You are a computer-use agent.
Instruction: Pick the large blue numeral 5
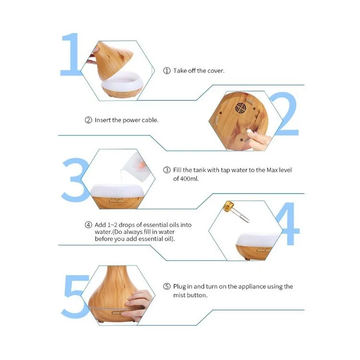[74, 296]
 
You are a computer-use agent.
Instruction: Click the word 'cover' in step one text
[215, 71]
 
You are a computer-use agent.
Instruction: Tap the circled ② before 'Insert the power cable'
[88, 120]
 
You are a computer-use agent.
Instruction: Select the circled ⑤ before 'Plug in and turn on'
[167, 287]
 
